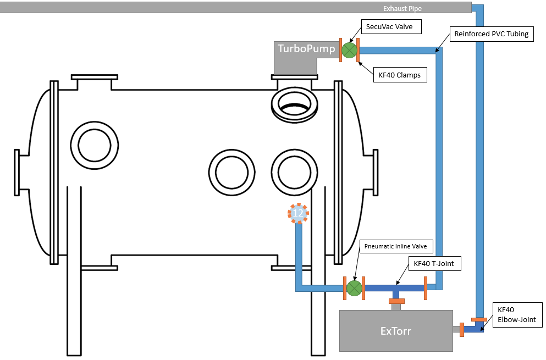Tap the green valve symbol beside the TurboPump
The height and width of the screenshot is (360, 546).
[x=349, y=50]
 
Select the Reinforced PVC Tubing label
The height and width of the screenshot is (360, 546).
[x=492, y=34]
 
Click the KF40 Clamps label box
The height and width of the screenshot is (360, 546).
[x=400, y=75]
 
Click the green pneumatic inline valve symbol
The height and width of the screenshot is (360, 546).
[x=354, y=288]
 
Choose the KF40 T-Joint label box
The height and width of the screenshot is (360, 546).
[x=434, y=264]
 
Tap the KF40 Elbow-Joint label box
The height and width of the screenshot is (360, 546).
[x=517, y=315]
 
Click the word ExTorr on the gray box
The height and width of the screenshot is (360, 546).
[x=395, y=331]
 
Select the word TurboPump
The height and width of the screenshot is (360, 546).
[x=306, y=48]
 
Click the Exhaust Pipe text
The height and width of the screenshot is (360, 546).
[x=402, y=8]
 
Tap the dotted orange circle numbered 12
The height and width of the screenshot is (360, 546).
[x=298, y=213]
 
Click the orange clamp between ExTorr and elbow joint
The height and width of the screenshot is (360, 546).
[x=462, y=330]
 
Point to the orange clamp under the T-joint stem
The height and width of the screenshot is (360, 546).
[x=396, y=301]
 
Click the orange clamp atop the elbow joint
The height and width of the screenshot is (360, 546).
[x=479, y=319]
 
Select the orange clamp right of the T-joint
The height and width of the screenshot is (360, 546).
[x=426, y=288]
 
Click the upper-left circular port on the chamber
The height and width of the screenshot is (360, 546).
[x=95, y=145]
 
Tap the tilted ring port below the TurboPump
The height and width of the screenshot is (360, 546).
[x=294, y=105]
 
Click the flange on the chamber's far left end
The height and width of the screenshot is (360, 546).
[x=16, y=173]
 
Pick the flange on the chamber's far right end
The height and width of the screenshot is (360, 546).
[x=376, y=173]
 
